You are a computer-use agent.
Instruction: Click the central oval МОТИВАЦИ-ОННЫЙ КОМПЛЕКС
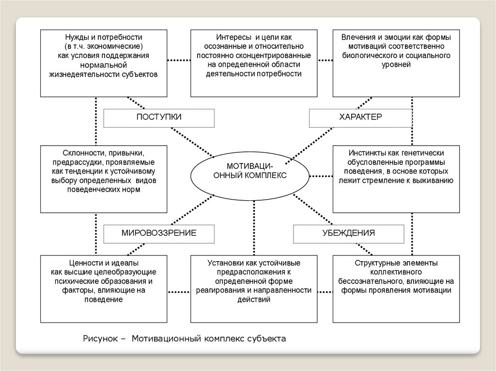250,171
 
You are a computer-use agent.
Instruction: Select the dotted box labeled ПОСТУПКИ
159,118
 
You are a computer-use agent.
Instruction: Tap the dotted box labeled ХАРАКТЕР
360,118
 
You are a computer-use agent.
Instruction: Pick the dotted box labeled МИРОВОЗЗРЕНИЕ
159,233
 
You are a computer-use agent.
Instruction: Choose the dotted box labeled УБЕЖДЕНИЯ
349,233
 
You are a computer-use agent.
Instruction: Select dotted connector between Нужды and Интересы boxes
178,60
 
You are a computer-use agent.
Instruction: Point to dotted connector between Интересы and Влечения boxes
325,60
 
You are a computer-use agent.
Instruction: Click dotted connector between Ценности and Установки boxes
178,292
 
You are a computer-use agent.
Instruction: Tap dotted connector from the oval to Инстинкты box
321,176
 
